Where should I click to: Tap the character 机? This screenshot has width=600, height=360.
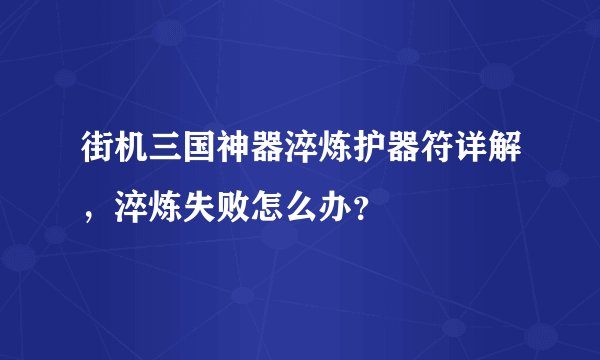click(x=126, y=156)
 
